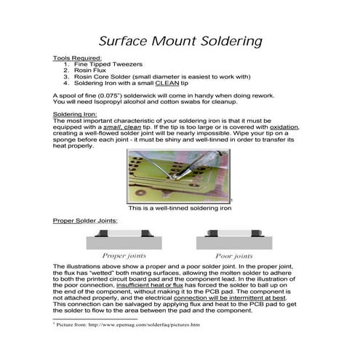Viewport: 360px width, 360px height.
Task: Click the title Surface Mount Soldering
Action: [x=180, y=40]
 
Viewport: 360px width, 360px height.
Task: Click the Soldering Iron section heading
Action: [x=75, y=114]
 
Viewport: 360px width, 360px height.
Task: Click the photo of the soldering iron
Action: [x=179, y=175]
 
